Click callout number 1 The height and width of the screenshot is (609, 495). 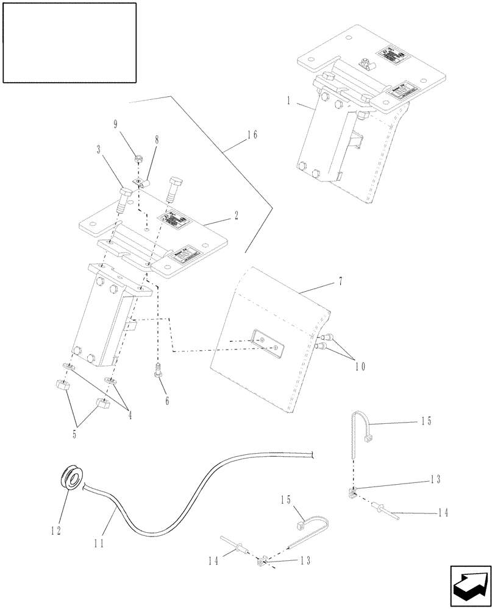(x=288, y=100)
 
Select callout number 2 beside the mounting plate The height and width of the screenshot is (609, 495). (x=236, y=215)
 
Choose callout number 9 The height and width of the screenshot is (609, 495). (x=116, y=125)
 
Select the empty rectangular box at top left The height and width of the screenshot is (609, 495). (x=69, y=42)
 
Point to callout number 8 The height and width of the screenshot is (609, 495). (x=157, y=139)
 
